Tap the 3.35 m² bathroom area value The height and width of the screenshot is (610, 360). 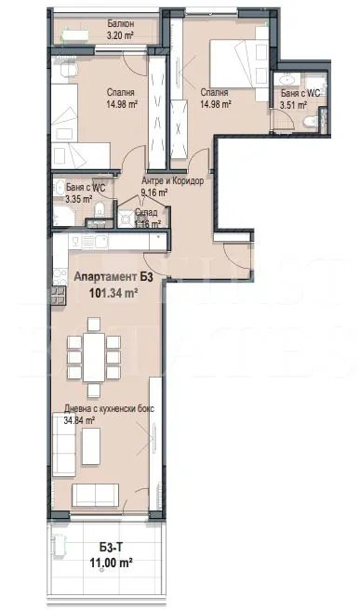pos(77,198)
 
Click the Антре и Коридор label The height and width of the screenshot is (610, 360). pos(172,180)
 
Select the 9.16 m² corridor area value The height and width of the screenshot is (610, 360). pos(153,192)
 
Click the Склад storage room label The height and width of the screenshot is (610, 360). pos(148,212)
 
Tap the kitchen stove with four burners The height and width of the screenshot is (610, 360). pos(60,297)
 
